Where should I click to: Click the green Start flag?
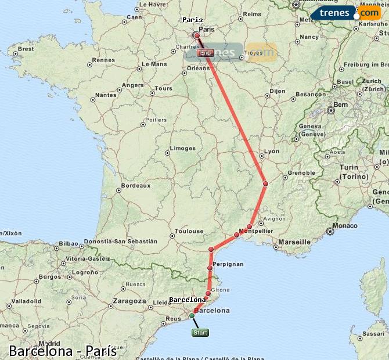(200, 333)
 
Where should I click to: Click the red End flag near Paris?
(206, 53)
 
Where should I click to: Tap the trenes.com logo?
(346, 13)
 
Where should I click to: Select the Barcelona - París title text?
(63, 351)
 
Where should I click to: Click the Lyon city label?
(272, 152)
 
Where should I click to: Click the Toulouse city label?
(190, 231)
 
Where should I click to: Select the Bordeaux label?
(135, 186)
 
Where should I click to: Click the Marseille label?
(294, 242)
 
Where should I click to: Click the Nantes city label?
(105, 95)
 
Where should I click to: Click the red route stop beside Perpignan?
(210, 268)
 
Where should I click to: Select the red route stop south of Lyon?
(265, 184)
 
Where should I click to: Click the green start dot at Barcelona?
(192, 315)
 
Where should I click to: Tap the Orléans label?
(198, 68)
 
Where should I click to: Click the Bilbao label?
(68, 244)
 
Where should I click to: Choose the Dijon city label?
(278, 91)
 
